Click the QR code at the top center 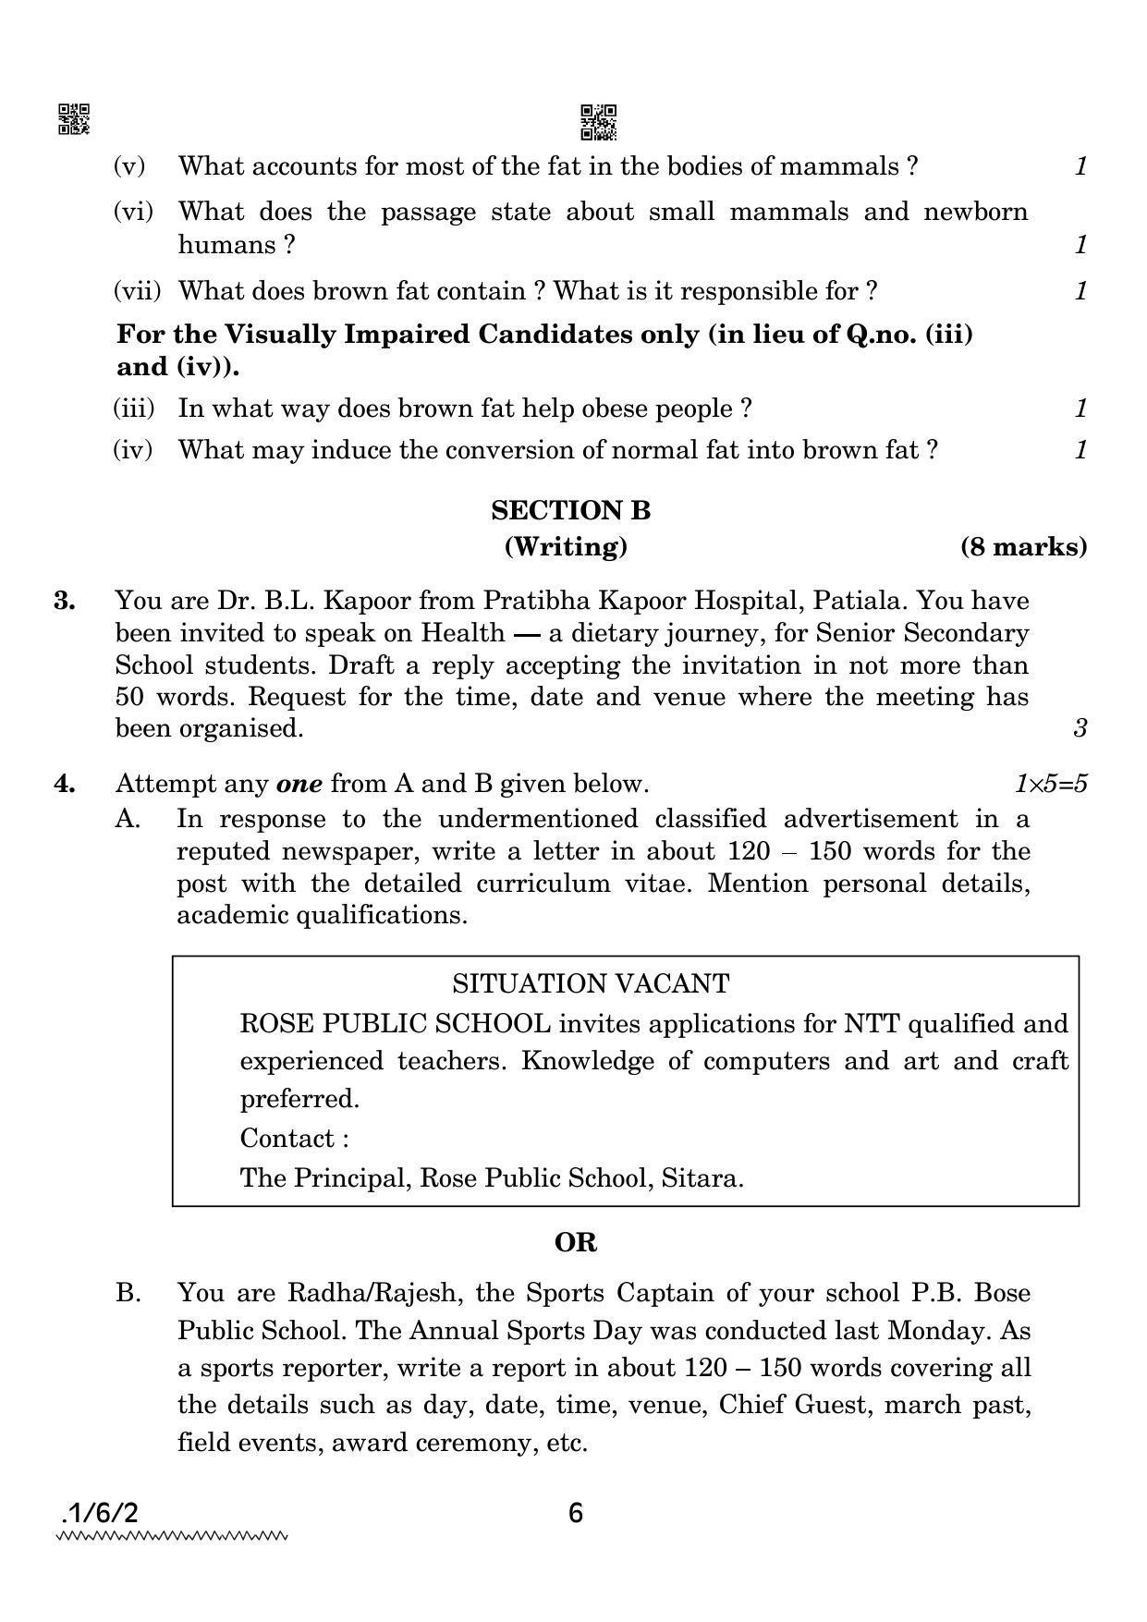[598, 122]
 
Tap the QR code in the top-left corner [74, 119]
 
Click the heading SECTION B [570, 510]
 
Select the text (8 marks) [1023, 547]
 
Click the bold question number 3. [65, 601]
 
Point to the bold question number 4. [65, 784]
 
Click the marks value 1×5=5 [1050, 784]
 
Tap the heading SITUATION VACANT [591, 983]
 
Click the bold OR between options [575, 1243]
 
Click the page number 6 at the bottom [576, 1514]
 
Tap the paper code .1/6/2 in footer [100, 1514]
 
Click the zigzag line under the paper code [172, 1538]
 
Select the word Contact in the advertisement [288, 1138]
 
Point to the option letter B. [128, 1292]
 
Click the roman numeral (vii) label [137, 291]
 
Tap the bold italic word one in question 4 [299, 784]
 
